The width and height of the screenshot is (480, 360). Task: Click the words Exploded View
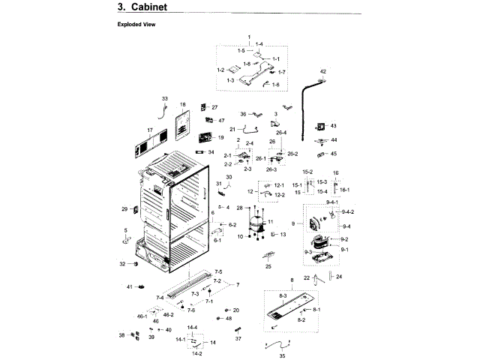tap(135, 25)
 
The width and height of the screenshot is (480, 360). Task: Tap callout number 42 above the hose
tap(323, 71)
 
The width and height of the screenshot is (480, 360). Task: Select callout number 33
tap(165, 99)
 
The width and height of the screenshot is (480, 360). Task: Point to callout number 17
tap(150, 130)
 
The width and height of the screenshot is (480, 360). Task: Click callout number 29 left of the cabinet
tap(124, 209)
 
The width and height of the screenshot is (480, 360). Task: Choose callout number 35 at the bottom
tap(282, 356)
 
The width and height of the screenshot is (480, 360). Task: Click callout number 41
tap(129, 287)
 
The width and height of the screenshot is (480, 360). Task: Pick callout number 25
tap(268, 266)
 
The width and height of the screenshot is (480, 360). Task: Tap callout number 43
tap(334, 126)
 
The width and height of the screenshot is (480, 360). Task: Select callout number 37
tap(238, 339)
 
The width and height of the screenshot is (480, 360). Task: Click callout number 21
tap(211, 130)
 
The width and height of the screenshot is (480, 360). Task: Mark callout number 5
tap(126, 230)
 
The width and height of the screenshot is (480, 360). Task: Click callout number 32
tap(123, 264)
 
